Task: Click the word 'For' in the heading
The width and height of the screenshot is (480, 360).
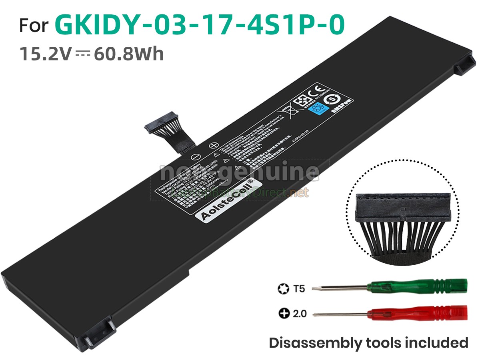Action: click(x=34, y=26)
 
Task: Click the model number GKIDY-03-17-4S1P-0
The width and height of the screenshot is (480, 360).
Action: click(x=199, y=25)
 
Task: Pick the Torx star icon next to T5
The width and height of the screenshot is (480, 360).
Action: click(x=283, y=288)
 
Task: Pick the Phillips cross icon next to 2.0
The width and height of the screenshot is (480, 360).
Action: click(x=284, y=314)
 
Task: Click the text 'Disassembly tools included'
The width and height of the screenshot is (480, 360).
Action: click(x=368, y=343)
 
